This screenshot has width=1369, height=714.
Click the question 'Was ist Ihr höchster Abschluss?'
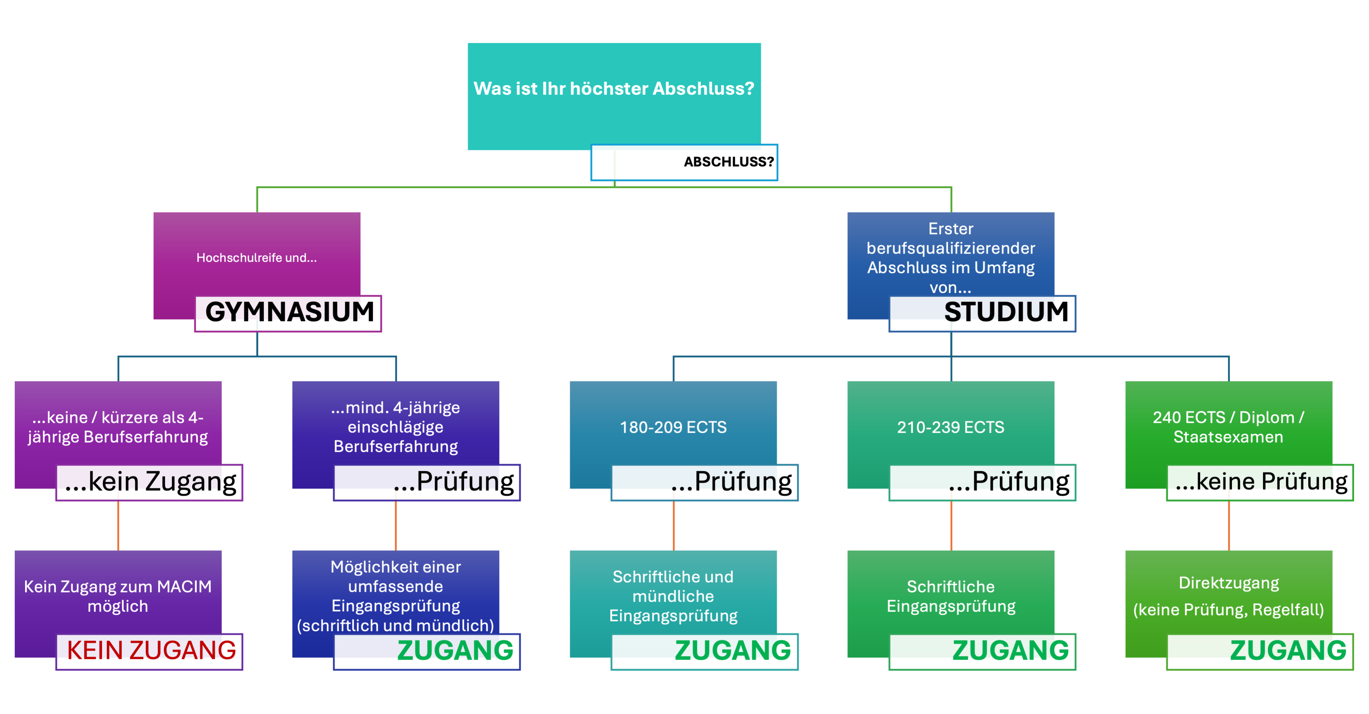(x=614, y=89)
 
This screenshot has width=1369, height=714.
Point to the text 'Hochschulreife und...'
(x=257, y=258)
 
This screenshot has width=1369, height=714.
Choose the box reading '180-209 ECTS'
(x=673, y=427)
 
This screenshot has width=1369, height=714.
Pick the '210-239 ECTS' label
(x=950, y=427)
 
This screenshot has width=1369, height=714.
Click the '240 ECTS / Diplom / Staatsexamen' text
(x=1228, y=427)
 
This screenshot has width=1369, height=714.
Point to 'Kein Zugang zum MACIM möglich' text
(x=118, y=596)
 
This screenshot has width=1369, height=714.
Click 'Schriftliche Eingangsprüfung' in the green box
(x=950, y=596)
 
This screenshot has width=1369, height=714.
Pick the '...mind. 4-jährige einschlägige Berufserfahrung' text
(x=395, y=427)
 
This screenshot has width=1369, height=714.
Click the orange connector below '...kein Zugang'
(x=118, y=525)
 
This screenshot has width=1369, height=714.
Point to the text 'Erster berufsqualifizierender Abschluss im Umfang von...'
(x=950, y=258)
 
